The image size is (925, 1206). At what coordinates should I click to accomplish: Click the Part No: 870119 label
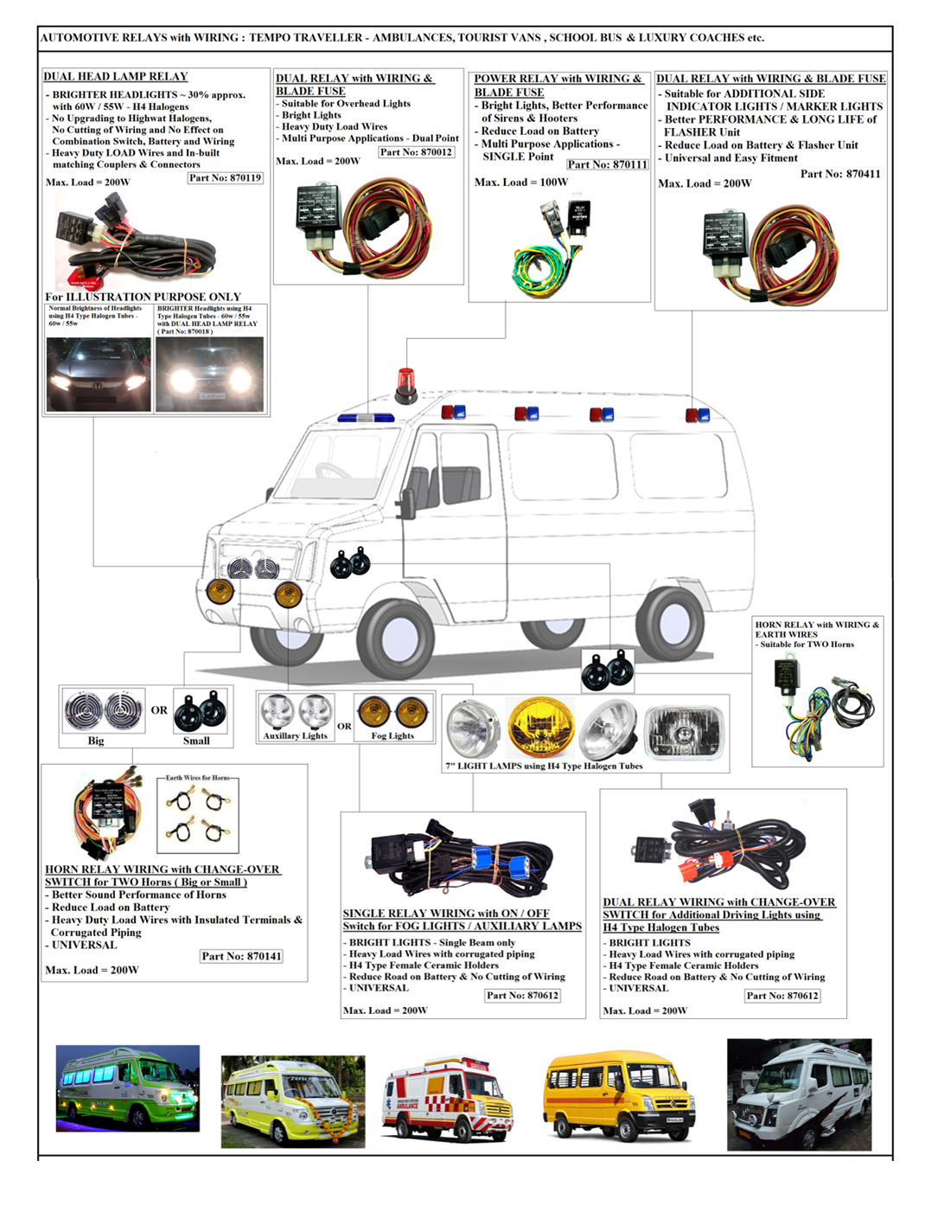coord(225,178)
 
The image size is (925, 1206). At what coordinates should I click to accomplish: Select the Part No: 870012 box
coord(416,152)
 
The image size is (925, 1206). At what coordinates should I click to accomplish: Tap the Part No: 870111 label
coord(607,164)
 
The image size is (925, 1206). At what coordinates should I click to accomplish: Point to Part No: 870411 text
coord(839,174)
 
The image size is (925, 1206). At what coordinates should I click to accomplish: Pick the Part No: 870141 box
coord(241,956)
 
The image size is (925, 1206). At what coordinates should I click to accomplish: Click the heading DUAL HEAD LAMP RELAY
coord(115,76)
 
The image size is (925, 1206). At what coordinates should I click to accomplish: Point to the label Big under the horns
coord(96,741)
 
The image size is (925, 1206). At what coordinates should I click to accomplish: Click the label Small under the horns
coord(196,741)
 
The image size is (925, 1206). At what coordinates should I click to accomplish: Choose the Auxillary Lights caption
coord(295,736)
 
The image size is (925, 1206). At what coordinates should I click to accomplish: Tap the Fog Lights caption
coord(392,736)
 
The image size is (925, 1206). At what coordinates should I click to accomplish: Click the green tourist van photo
coord(128,1088)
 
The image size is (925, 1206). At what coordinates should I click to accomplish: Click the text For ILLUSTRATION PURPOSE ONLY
coord(143,297)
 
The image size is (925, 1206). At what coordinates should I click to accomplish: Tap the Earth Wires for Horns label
coord(198,778)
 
